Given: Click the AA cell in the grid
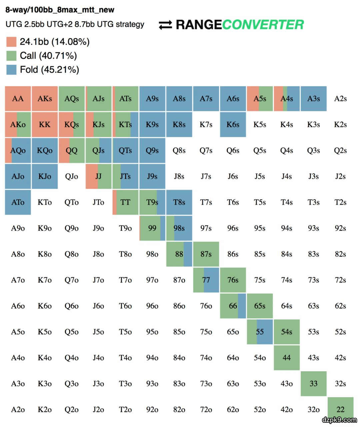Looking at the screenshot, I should pos(18,99).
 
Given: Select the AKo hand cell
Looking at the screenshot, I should pos(18,125).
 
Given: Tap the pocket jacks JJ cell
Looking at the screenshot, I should pos(99,176).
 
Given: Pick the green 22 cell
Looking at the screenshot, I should pos(340,409).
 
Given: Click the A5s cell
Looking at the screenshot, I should pos(260,99).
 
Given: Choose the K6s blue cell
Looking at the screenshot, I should pos(233,125).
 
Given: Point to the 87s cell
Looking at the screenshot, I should pos(206,254).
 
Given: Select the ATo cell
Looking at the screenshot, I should pos(18,202).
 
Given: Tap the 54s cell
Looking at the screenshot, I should pos(287,332).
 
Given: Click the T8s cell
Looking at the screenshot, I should pos(179,202).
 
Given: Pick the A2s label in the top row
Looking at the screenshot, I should pos(340,99).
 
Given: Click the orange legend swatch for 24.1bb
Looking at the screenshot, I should pos(11,42).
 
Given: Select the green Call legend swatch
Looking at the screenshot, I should pos(11,56).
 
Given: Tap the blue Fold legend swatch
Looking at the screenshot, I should pos(11,70).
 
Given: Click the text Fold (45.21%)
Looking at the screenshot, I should pos(49,70).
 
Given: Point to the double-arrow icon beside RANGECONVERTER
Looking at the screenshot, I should pos(165,25).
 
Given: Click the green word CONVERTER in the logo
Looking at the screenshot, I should pos(263,25).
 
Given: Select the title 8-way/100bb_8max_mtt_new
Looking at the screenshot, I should pos(60,10).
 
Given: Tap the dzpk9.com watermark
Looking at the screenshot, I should pos(339,420).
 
